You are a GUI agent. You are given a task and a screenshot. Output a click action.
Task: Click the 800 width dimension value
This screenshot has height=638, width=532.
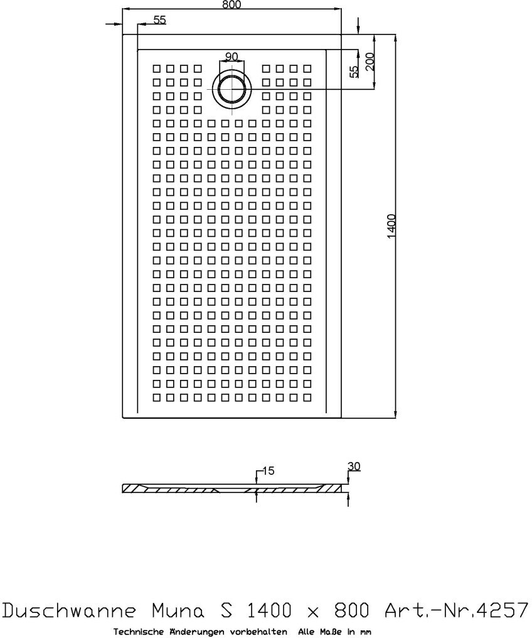coord(231,4)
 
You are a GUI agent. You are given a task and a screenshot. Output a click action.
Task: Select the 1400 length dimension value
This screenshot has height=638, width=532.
coord(390,226)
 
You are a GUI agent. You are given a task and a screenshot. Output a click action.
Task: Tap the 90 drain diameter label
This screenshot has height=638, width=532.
coord(231,57)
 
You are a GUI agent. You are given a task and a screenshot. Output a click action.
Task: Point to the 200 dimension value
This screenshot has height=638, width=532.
coord(370,61)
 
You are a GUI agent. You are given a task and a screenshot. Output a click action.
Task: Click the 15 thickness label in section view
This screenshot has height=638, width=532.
coord(268,470)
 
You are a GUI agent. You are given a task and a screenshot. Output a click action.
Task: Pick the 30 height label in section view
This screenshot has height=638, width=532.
coord(354,467)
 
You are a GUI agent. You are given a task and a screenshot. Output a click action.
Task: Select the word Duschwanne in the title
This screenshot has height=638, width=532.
coord(71,610)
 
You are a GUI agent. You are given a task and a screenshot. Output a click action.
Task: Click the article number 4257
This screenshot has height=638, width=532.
coord(501,610)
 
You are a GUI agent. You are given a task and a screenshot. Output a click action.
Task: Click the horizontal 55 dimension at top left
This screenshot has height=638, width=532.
coord(159,20)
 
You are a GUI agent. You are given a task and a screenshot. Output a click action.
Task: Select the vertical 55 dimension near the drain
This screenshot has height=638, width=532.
coord(354,71)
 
